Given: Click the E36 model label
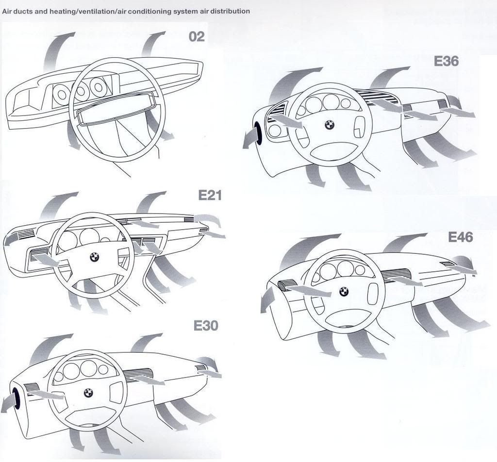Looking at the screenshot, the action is tap(446, 61).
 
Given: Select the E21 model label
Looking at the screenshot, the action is tap(210, 196).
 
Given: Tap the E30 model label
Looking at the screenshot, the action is tap(206, 326).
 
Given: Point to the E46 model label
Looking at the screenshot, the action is tap(461, 237).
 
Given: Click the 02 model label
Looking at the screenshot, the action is tap(197, 37).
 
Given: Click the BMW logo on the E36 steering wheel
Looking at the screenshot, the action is tap(330, 125).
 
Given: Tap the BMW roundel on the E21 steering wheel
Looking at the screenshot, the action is tap(94, 257).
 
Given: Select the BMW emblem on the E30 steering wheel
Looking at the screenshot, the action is tap(88, 393).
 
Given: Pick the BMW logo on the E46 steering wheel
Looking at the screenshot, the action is tap(344, 292).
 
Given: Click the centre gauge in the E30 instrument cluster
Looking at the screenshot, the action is tap(88, 368).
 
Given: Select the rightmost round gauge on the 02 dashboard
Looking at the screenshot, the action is tap(97, 86).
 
